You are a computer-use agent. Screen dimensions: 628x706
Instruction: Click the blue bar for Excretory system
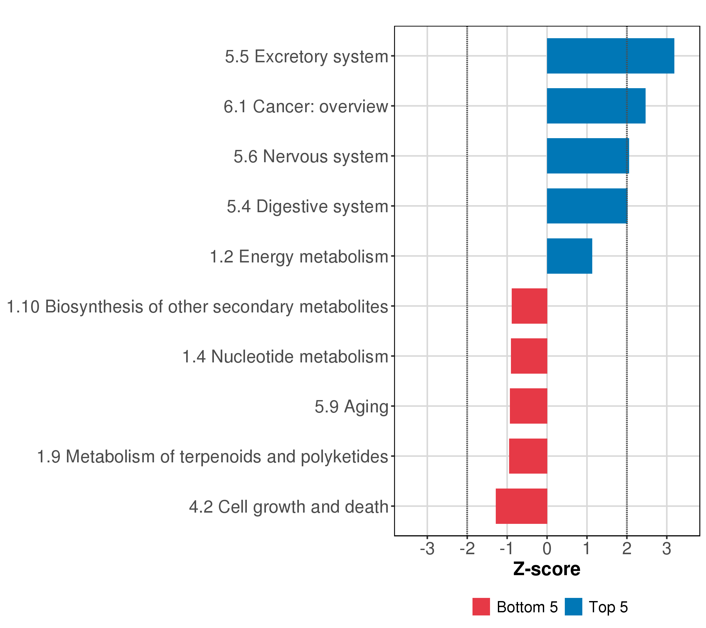[610, 56]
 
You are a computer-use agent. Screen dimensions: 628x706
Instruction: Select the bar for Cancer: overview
[596, 106]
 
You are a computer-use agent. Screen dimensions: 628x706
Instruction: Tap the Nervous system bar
[588, 156]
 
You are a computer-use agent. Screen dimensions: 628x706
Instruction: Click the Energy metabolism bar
[569, 256]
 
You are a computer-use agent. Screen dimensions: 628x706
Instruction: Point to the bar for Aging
[528, 406]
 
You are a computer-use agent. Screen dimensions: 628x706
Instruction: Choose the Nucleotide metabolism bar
[529, 356]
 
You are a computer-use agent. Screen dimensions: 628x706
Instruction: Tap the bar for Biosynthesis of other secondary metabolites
[529, 306]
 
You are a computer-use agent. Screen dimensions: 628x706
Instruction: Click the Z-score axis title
[547, 569]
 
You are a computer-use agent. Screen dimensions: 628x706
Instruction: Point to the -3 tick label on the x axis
[427, 549]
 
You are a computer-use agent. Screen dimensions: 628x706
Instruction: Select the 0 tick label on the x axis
[547, 549]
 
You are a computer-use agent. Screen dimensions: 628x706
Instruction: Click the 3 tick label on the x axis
[667, 549]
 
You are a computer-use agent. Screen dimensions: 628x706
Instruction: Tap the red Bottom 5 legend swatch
[481, 607]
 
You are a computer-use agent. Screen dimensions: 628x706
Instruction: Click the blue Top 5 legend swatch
[573, 607]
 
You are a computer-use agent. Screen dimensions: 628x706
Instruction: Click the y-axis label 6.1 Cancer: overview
[306, 106]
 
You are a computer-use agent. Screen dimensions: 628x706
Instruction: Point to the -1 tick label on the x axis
[507, 549]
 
